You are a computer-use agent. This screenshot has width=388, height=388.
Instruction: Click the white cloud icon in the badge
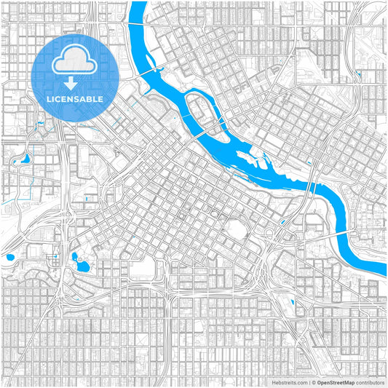click(75, 60)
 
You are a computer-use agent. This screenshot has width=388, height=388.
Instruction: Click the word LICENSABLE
click(75, 98)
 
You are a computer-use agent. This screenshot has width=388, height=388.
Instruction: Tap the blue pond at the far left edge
click(9, 257)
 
